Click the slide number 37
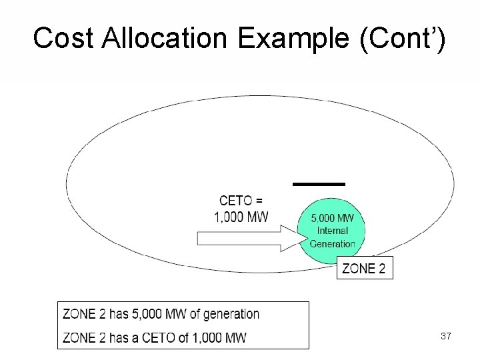(445, 337)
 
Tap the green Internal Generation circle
(333, 230)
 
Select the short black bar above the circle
(319, 183)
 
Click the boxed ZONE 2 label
(364, 268)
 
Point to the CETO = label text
(241, 200)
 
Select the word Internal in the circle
(332, 231)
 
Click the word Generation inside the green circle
(333, 243)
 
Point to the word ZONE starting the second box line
(79, 337)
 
